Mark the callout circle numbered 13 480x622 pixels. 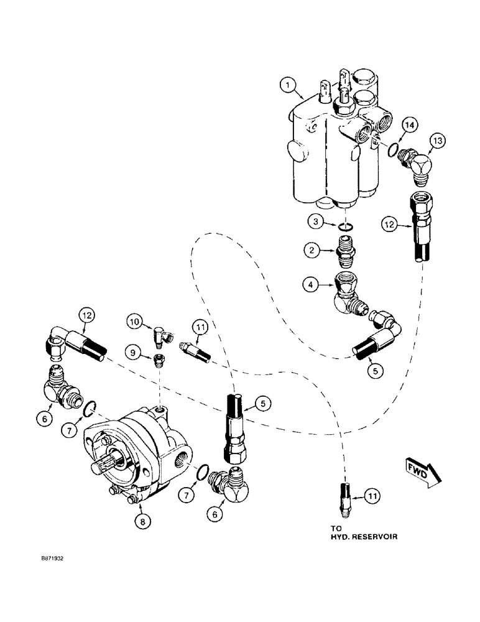[x=436, y=142]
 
